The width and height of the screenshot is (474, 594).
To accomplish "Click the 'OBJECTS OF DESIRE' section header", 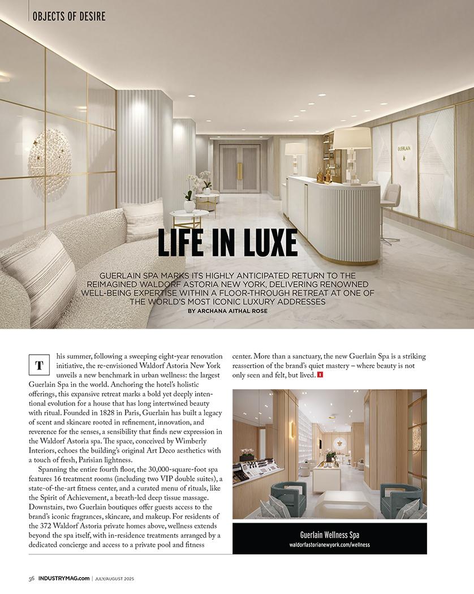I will [69, 16].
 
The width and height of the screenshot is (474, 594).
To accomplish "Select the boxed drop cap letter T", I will [39, 365].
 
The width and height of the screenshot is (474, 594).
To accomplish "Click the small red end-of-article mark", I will [320, 375].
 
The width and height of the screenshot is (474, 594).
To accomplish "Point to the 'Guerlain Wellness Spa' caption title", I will [329, 535].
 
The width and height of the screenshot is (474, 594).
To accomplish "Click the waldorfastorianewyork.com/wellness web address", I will [329, 545].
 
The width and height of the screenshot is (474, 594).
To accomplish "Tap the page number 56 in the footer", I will [32, 578].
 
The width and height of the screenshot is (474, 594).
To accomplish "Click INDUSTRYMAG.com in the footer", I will [64, 578].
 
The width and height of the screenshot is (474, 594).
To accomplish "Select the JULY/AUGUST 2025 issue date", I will [115, 578].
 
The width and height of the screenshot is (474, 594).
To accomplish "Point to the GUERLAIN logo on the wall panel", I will [404, 149].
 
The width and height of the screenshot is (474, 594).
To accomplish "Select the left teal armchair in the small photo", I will [287, 498].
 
